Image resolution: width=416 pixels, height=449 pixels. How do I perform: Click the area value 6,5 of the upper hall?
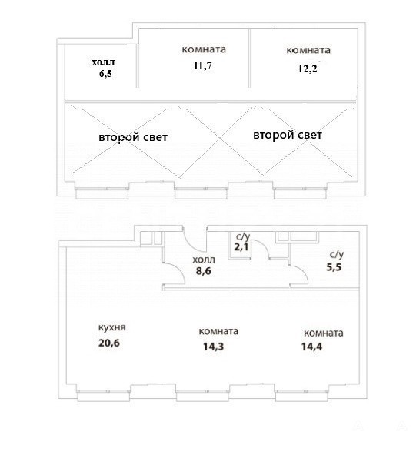105,74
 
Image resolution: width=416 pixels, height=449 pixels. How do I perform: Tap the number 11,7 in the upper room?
202,65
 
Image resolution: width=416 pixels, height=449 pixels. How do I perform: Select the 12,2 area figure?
308,69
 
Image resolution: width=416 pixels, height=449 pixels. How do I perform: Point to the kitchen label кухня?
112,327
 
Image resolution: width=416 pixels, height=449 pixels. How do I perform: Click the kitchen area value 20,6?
109,343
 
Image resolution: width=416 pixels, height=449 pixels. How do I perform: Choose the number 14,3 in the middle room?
213,347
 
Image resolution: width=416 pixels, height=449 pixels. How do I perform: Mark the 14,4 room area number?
311,347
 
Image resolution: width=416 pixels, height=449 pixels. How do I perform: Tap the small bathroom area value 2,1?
241,247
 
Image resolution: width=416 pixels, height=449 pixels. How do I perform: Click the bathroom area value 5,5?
334,267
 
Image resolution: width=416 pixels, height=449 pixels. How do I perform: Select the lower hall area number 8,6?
204,270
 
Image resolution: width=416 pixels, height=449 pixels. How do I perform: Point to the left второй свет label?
133,137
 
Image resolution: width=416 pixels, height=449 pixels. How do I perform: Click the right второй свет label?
288,135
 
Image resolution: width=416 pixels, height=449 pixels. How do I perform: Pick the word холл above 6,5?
103,62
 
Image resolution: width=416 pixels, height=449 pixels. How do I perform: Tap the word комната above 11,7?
204,49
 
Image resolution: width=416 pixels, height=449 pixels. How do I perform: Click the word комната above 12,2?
308,50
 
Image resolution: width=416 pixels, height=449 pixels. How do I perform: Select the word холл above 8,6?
204,260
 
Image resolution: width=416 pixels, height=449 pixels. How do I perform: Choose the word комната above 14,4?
324,333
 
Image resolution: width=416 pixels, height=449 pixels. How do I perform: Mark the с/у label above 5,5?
337,254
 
